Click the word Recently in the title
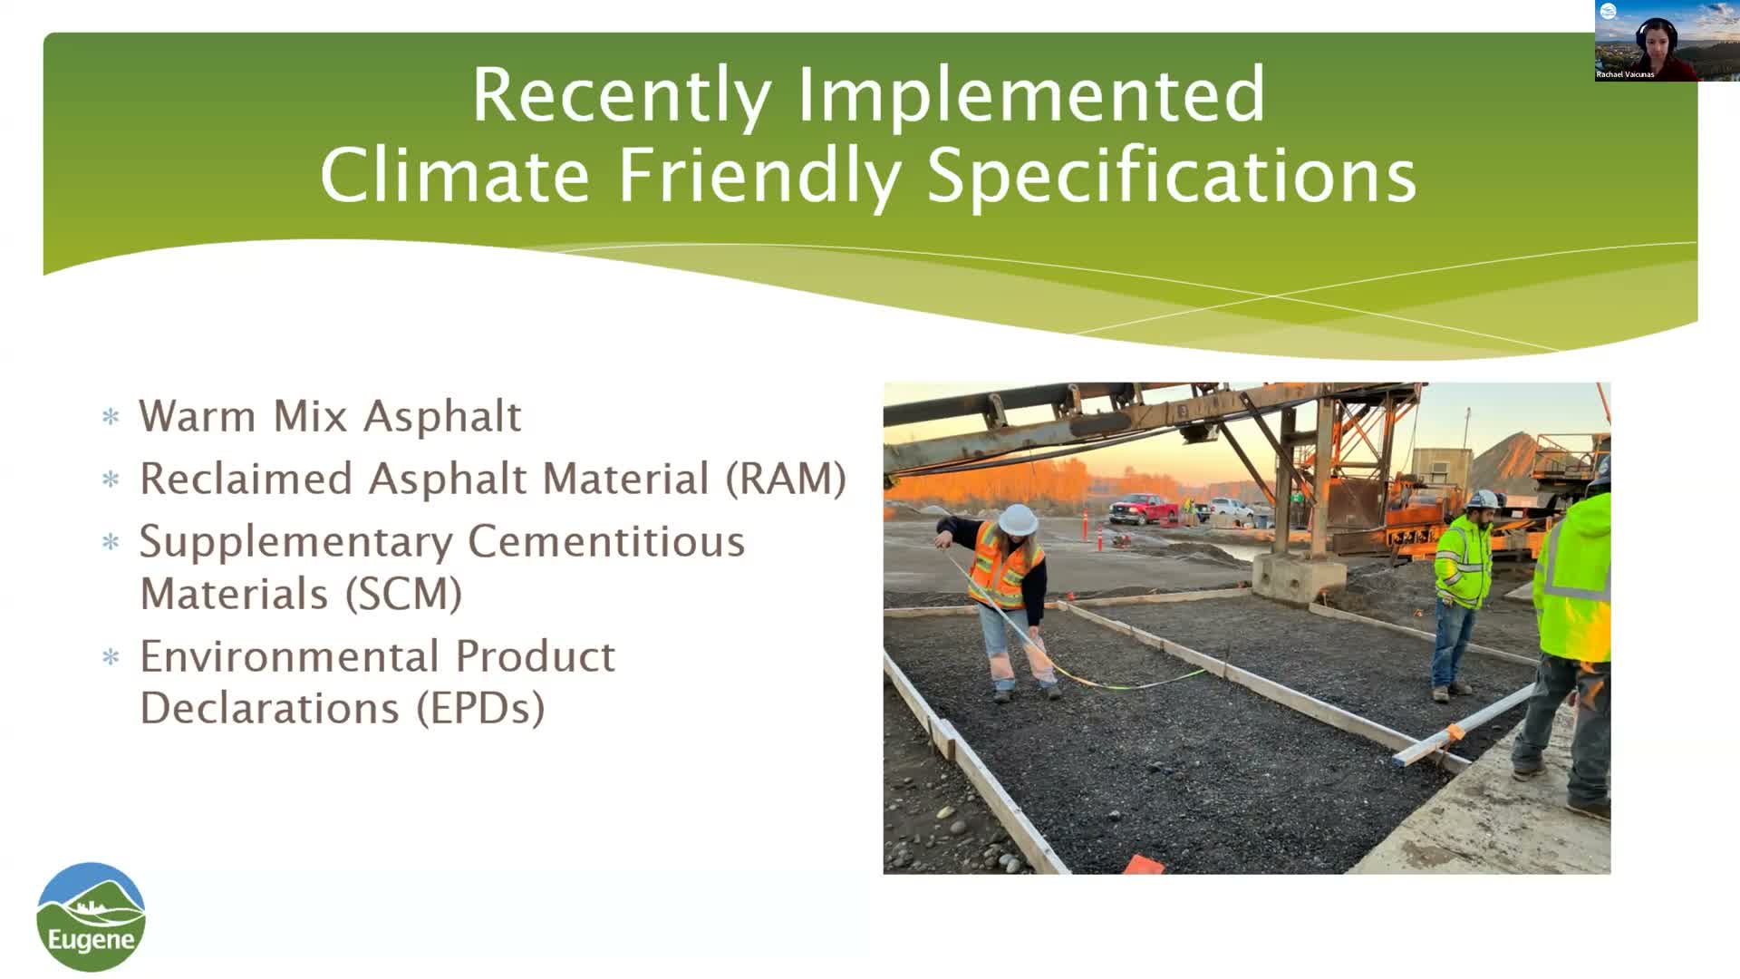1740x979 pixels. click(621, 95)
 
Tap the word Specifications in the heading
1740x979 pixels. click(1171, 175)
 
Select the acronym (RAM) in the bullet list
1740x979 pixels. click(786, 479)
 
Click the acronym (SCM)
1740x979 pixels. click(403, 595)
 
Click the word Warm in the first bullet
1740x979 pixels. click(197, 417)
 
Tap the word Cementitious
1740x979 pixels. click(606, 542)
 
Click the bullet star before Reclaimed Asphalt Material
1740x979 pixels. click(111, 480)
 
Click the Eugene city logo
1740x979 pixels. click(91, 916)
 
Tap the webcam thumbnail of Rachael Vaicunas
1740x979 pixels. click(1646, 42)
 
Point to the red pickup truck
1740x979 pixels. click(1144, 509)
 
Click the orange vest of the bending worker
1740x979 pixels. click(1001, 567)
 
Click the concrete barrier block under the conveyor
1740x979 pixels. click(1298, 575)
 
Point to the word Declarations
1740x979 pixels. click(269, 709)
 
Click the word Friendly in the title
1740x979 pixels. click(759, 175)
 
